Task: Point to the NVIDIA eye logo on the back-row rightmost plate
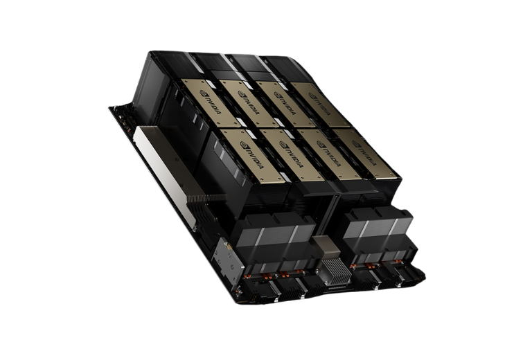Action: click(x=312, y=96)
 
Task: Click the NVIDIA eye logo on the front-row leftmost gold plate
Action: click(x=245, y=145)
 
